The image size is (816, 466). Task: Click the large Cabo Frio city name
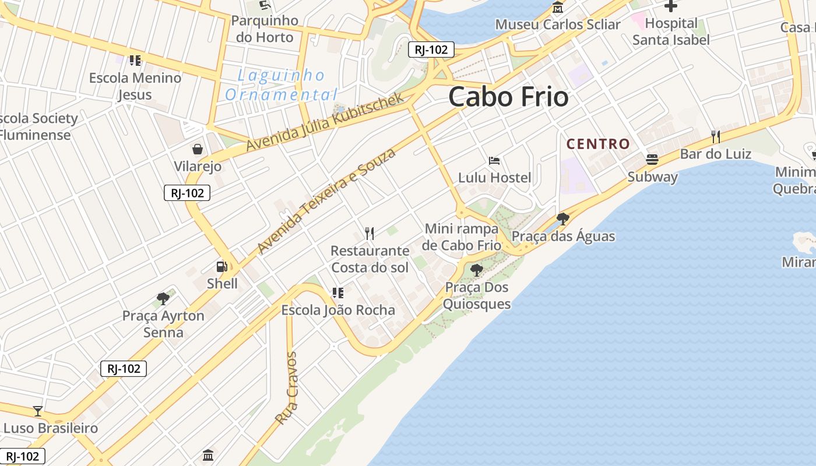[508, 97]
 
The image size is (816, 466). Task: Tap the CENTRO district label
[598, 144]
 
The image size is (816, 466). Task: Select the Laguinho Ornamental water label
[282, 84]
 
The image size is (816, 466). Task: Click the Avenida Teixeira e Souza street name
[326, 201]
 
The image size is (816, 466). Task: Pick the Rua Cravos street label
[286, 388]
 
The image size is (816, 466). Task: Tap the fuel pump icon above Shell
[221, 267]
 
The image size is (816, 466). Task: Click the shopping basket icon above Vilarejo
[198, 150]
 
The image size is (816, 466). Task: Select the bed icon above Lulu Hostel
[494, 161]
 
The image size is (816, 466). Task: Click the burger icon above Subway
[652, 160]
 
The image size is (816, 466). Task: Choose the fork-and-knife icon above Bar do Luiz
[715, 137]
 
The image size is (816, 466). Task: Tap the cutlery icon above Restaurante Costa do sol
[369, 234]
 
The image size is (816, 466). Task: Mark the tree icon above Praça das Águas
[562, 219]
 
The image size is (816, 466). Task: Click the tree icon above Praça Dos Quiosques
[476, 270]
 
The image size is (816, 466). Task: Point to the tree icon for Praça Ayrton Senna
[163, 299]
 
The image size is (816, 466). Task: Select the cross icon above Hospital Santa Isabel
[671, 6]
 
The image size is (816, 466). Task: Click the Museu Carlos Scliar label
[558, 24]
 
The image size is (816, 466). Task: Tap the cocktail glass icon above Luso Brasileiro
[38, 411]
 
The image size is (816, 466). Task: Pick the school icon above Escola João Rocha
[337, 292]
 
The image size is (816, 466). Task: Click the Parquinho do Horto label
[265, 29]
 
